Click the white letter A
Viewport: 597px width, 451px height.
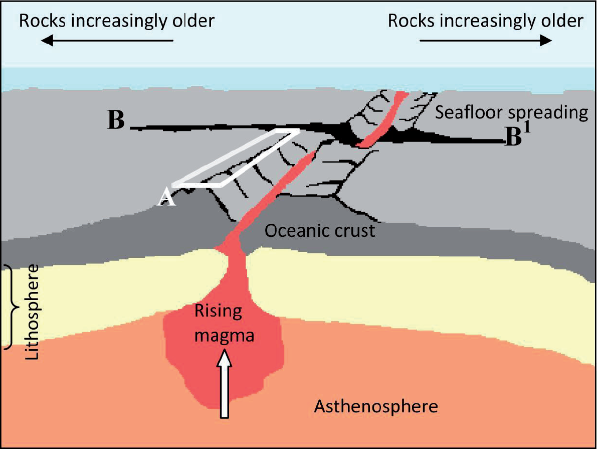tap(167, 198)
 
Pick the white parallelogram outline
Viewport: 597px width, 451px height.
tap(236, 157)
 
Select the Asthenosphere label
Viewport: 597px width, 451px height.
tap(375, 406)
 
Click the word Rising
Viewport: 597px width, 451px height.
tap(218, 312)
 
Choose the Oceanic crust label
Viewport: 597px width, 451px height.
tap(319, 231)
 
